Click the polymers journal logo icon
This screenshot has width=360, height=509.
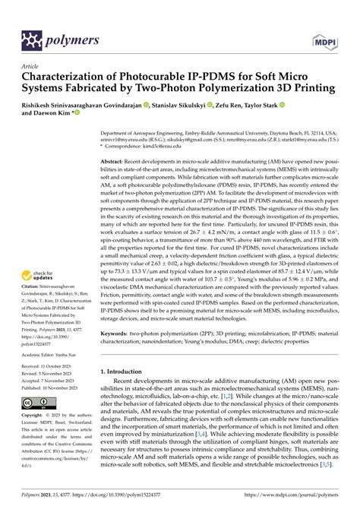click(x=32, y=39)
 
